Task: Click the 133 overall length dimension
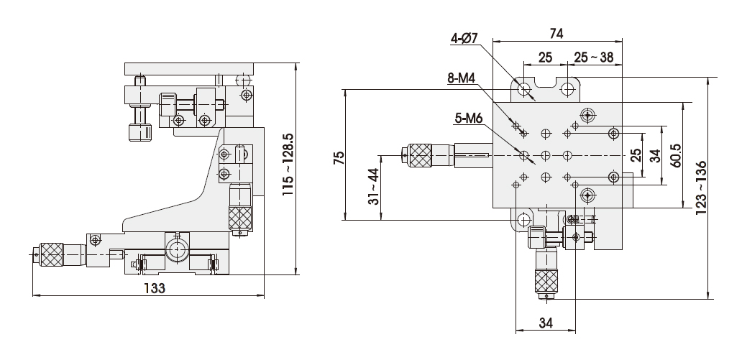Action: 155,287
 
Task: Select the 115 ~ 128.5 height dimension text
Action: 288,165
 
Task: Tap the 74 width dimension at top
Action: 556,34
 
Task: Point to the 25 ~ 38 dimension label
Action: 593,57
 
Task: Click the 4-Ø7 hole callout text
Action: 464,39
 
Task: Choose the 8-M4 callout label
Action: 461,78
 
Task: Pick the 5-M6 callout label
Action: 469,119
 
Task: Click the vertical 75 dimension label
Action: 339,157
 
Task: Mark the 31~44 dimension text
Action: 374,186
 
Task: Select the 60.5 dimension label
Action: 675,155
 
